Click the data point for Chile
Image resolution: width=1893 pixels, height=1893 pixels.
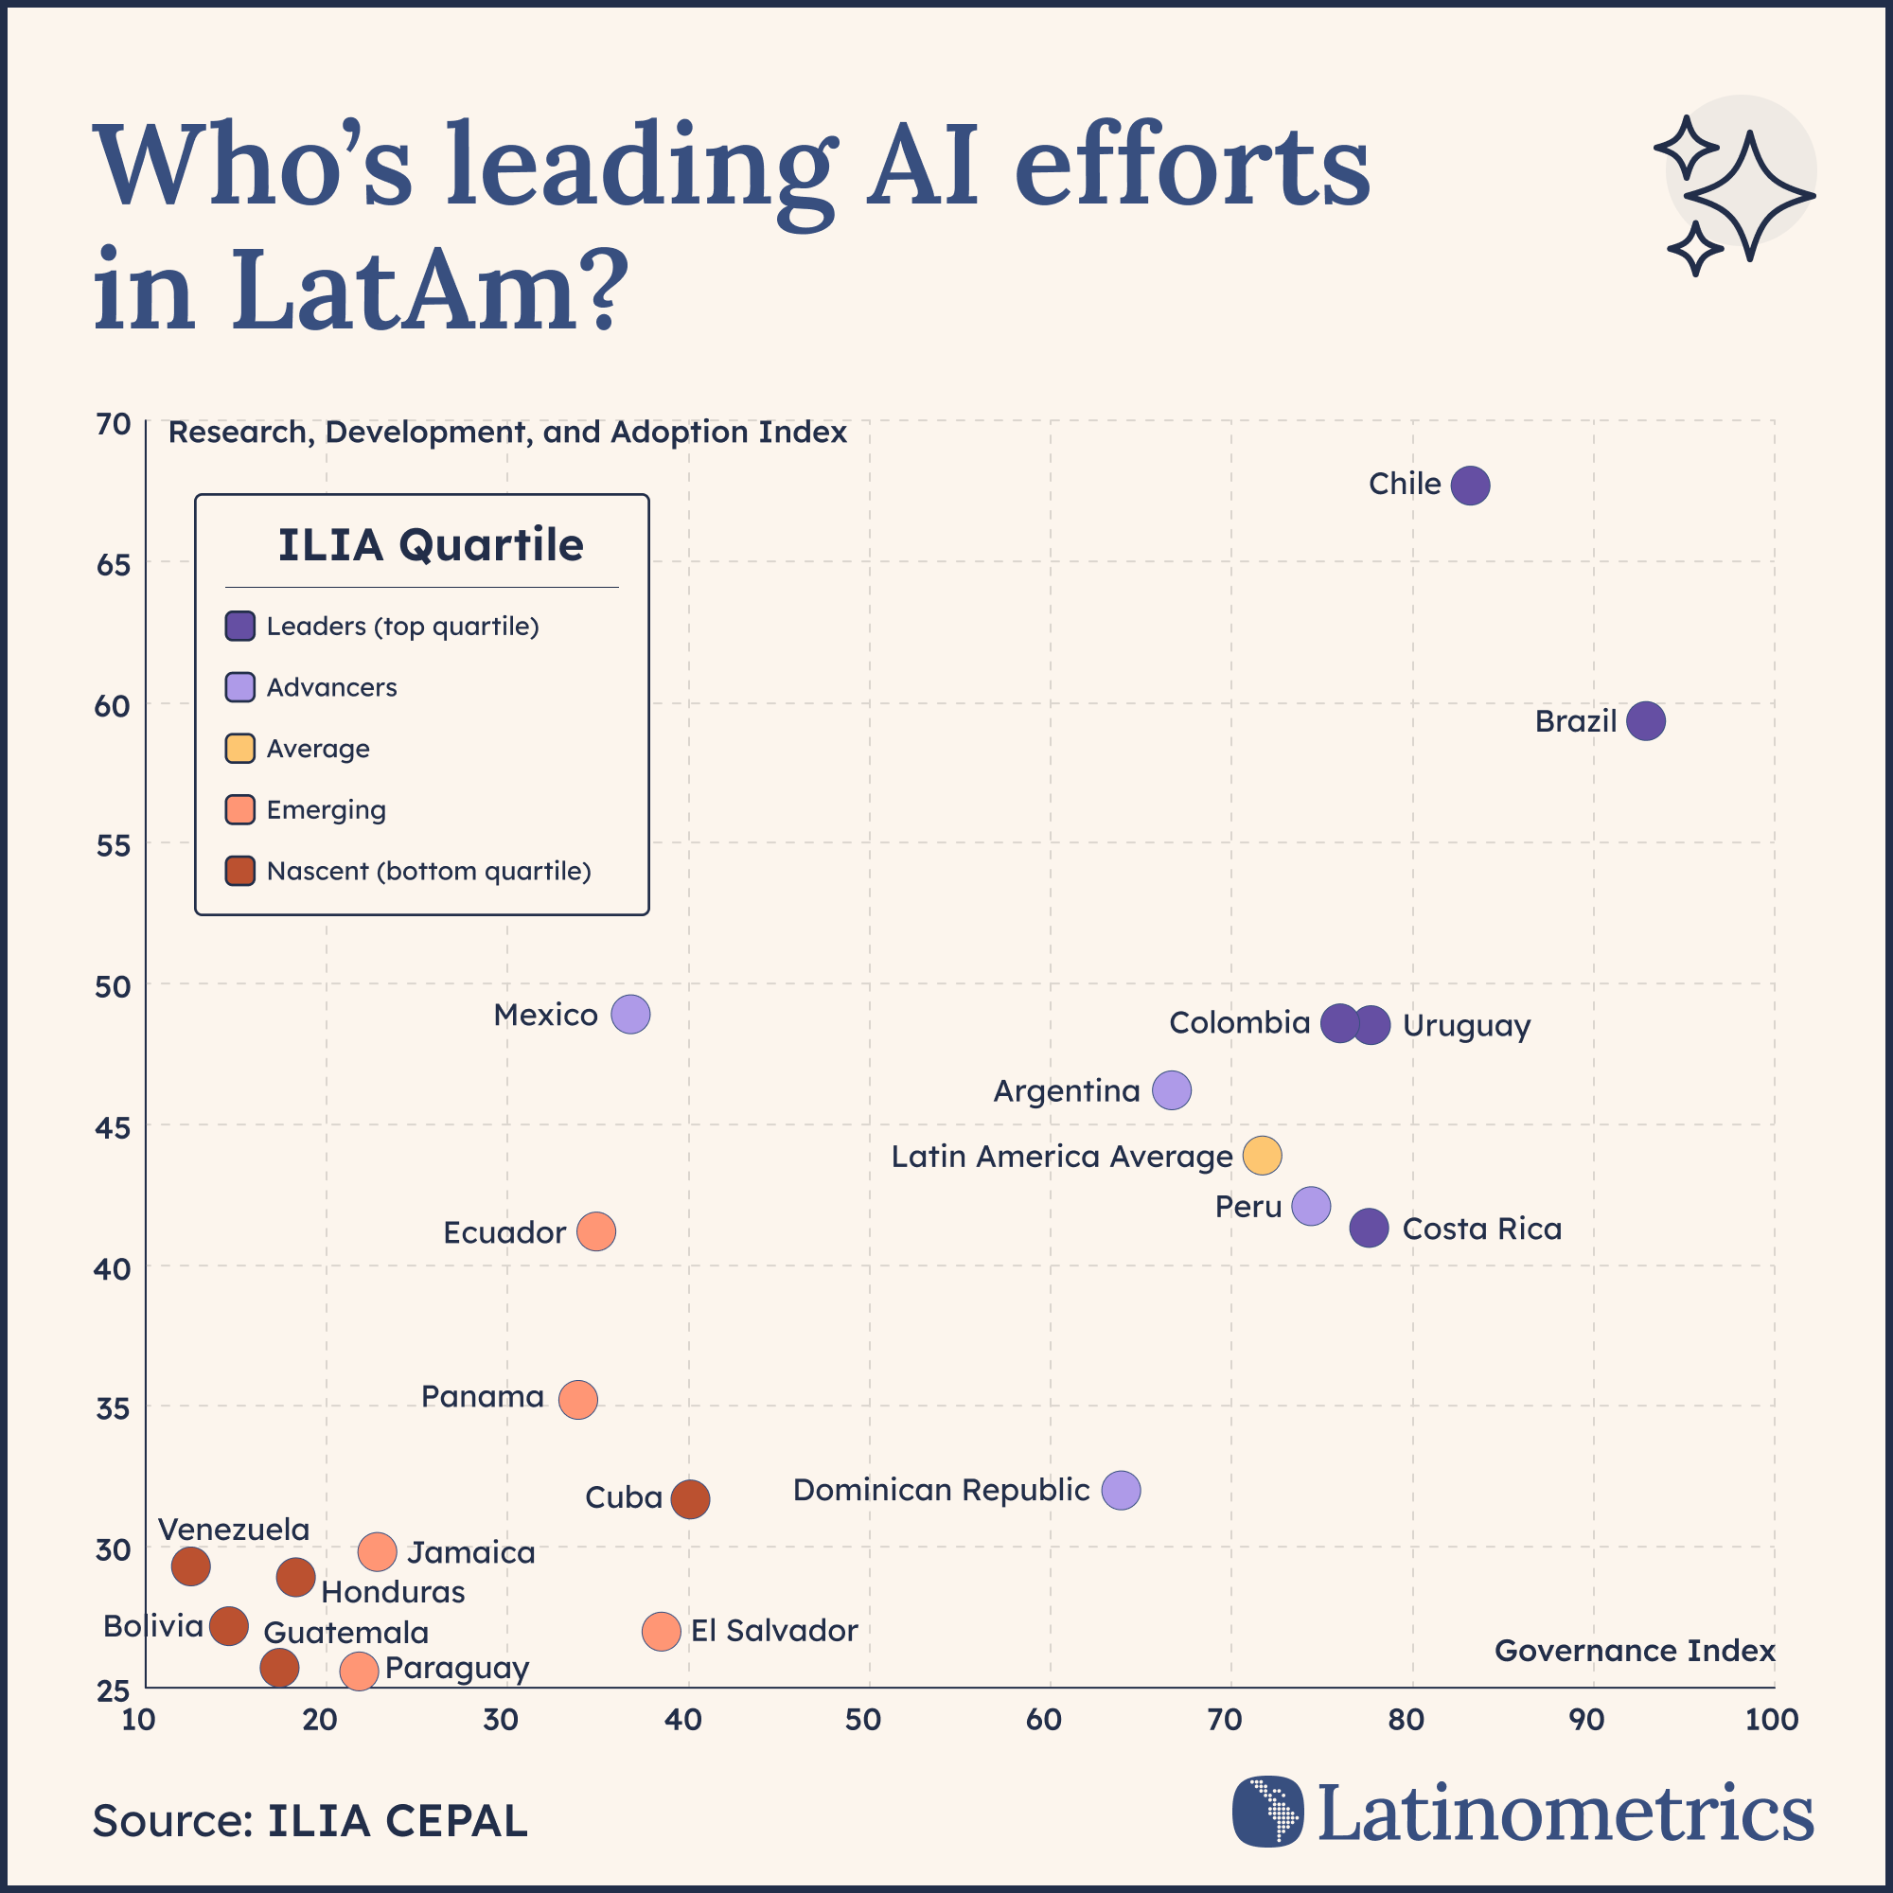tap(1470, 485)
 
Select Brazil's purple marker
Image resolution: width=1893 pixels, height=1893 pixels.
tap(1645, 721)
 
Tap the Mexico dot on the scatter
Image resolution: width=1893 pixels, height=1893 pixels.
tap(630, 1014)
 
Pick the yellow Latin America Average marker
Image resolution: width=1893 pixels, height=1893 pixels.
tap(1262, 1155)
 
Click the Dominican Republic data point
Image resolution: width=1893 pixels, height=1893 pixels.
tap(1121, 1491)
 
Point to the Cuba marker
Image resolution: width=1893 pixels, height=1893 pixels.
tap(690, 1499)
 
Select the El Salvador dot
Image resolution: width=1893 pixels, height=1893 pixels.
tap(662, 1632)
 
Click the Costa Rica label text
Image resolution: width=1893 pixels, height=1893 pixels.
tap(1481, 1229)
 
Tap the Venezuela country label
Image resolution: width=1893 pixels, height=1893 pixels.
tap(233, 1530)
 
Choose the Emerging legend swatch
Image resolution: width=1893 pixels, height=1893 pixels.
tap(240, 809)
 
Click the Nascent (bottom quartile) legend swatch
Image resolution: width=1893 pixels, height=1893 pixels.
tap(240, 870)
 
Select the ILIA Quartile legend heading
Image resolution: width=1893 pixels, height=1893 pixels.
tap(430, 545)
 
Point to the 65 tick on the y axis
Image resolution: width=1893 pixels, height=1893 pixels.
tap(114, 565)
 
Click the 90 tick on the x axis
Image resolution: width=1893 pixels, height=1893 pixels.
tap(1586, 1720)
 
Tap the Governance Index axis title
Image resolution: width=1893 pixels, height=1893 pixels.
tap(1634, 1651)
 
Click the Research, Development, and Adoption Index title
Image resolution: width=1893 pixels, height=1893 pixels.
tap(506, 433)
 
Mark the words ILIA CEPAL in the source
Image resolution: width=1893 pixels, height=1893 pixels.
tap(397, 1820)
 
